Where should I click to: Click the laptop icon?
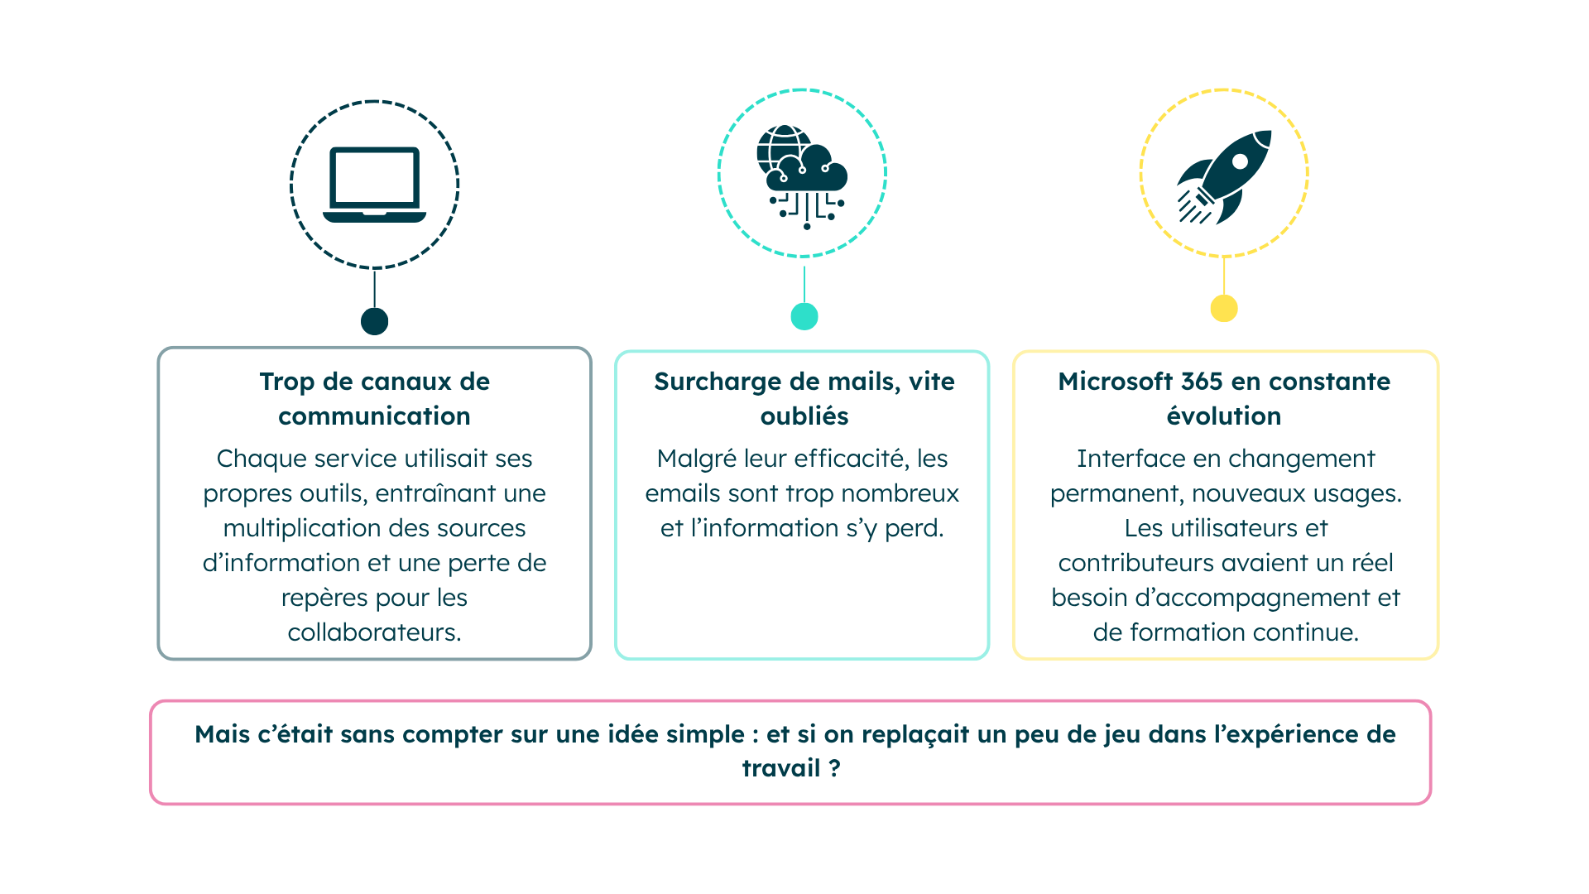point(374,185)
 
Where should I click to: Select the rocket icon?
point(1225,175)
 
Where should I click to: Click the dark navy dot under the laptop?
point(374,321)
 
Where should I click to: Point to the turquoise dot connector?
point(804,315)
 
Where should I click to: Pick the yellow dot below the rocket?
point(1223,309)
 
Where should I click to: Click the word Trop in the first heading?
point(286,382)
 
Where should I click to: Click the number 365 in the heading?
point(1202,382)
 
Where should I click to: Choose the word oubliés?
point(804,416)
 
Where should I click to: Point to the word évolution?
point(1223,416)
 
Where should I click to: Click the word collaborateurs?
point(373,632)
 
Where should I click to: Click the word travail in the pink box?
point(780,768)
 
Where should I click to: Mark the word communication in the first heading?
point(374,416)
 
